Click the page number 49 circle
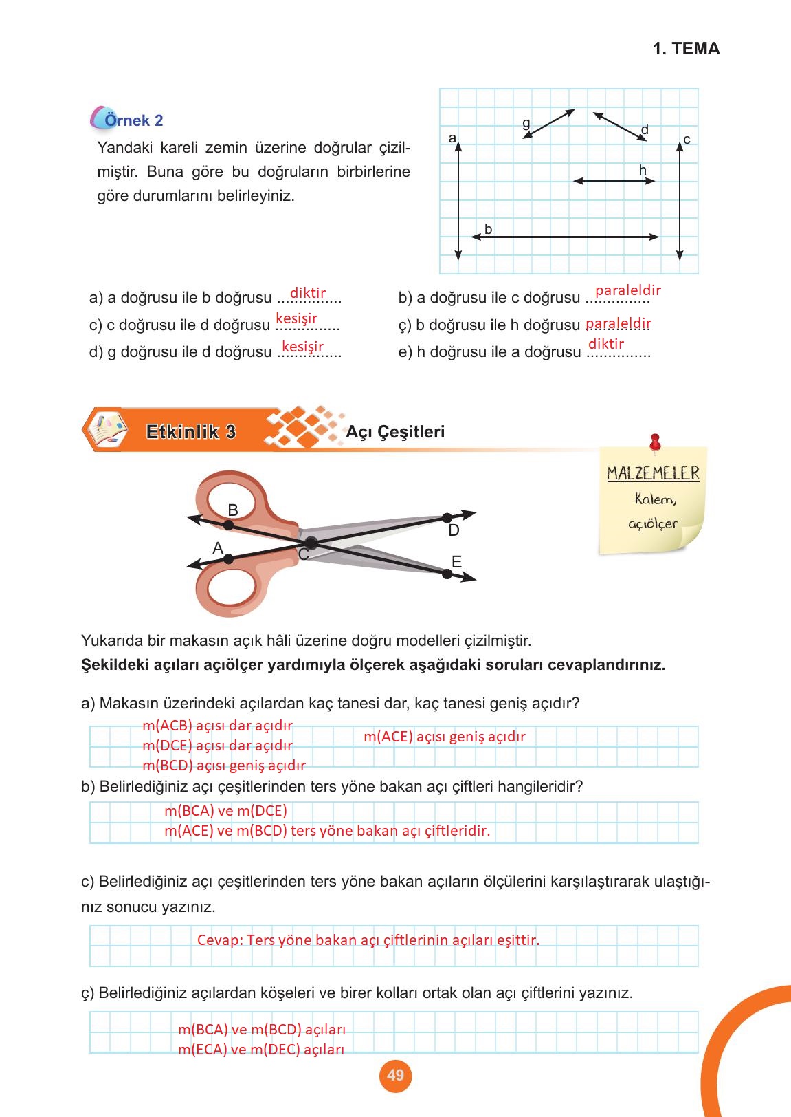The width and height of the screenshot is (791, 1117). (395, 1075)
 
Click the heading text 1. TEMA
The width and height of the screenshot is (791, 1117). (686, 49)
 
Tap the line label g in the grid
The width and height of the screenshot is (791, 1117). (526, 123)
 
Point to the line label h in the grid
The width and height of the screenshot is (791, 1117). (643, 170)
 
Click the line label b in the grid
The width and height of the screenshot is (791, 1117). (488, 229)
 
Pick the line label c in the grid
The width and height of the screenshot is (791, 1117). (687, 140)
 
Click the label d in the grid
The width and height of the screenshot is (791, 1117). (645, 129)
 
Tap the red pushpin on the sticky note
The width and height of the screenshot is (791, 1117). (655, 440)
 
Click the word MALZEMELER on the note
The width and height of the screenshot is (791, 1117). (653, 473)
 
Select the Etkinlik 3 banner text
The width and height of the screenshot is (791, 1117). (191, 432)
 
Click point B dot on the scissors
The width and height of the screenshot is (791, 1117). (229, 525)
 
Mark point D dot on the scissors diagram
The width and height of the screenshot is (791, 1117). (447, 518)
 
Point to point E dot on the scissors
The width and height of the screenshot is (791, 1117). (447, 574)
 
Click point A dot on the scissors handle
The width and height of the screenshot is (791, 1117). (229, 558)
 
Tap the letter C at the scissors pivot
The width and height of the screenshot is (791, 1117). (303, 554)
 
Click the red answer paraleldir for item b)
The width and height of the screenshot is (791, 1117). (627, 290)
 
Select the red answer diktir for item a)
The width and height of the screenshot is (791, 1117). (308, 293)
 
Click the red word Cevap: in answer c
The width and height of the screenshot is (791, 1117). (219, 940)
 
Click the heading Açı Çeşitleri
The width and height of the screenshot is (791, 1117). (395, 432)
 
